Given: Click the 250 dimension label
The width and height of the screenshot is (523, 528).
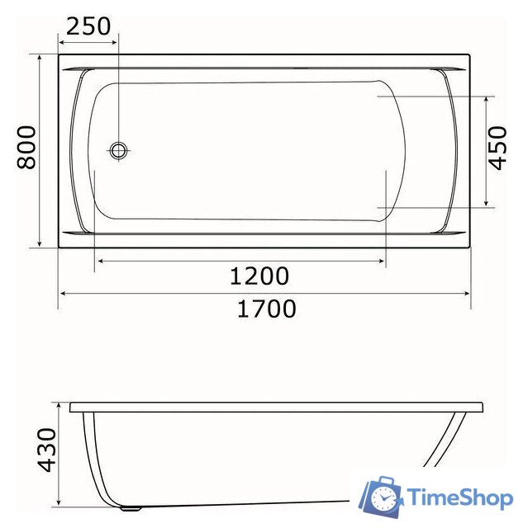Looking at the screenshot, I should (x=88, y=26).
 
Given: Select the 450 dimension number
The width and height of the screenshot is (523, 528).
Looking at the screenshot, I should (x=497, y=149).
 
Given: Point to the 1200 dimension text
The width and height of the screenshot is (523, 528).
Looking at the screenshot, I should (x=259, y=276).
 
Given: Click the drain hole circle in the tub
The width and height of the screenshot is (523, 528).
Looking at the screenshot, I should (x=119, y=150).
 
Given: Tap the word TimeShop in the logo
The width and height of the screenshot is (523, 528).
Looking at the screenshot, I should (x=461, y=497).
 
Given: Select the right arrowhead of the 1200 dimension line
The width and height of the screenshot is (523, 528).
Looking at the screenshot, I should (x=382, y=261).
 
